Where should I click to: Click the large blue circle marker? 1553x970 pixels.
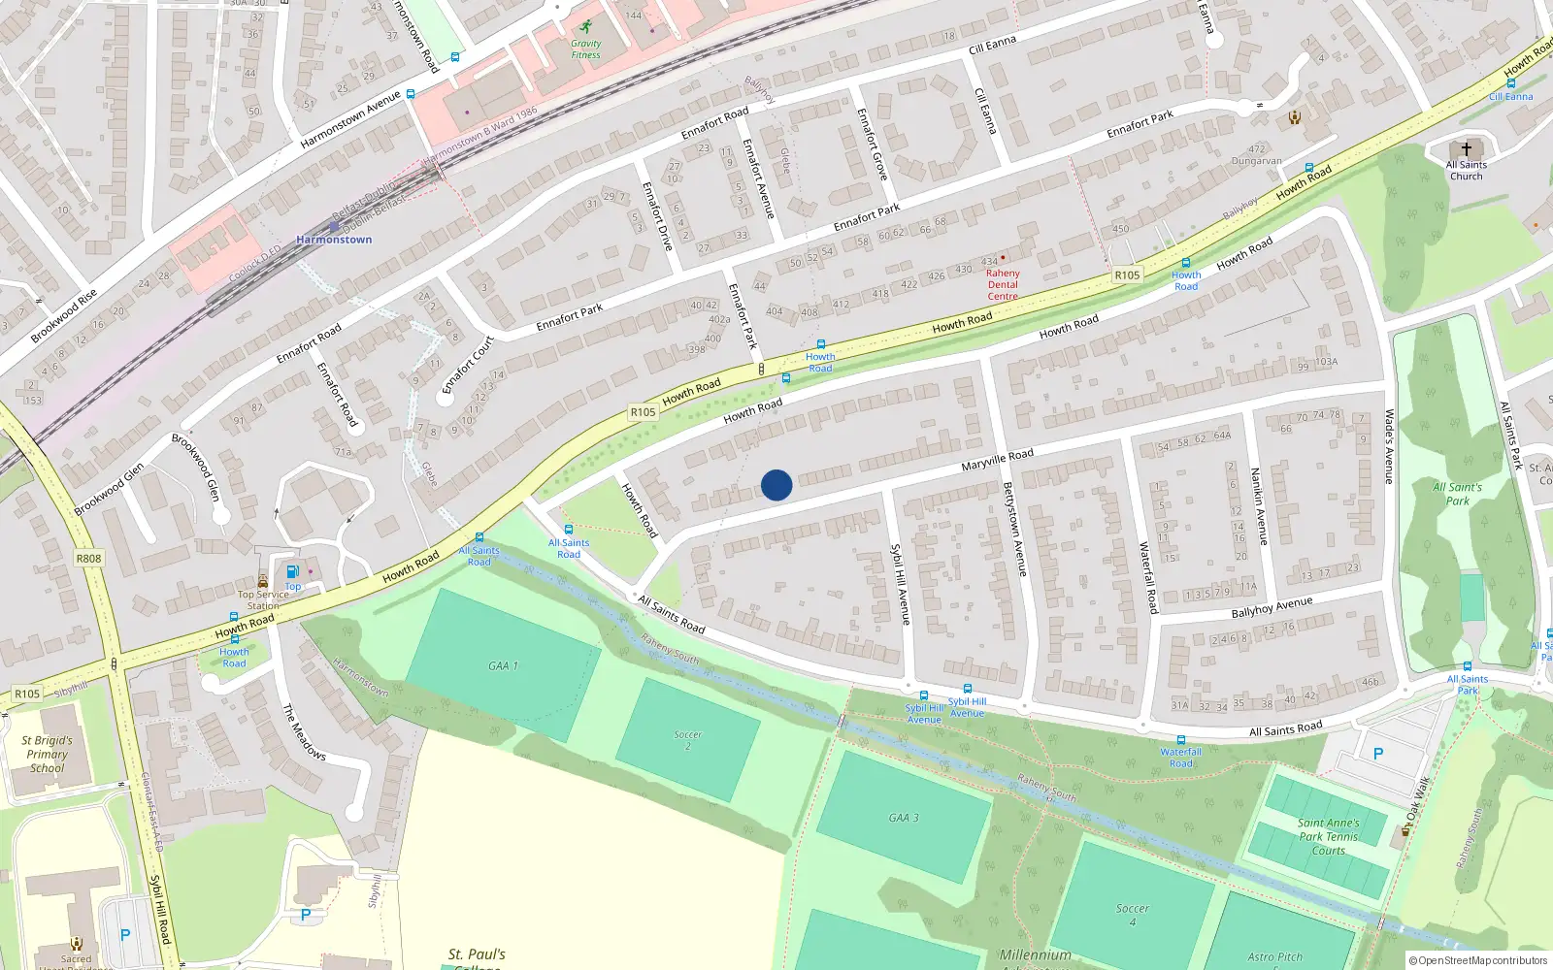pos(776,485)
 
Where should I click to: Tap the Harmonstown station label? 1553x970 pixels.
pos(334,240)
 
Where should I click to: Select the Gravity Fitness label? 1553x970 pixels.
pos(585,48)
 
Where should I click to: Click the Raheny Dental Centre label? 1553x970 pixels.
pos(1003,284)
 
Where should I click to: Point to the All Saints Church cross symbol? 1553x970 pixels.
pos(1466,149)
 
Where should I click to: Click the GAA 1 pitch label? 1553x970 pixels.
pos(503,666)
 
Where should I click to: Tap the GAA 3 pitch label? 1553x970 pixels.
pos(903,818)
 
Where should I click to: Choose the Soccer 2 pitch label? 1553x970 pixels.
pos(687,740)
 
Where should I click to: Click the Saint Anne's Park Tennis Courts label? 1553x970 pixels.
pos(1329,836)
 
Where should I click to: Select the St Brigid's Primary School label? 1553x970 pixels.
pos(47,754)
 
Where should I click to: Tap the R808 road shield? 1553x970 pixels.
pos(88,559)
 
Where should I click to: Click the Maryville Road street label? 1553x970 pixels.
pos(997,460)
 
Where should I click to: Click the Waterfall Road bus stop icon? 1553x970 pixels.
pos(1180,740)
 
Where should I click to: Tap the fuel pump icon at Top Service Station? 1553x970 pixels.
pos(292,571)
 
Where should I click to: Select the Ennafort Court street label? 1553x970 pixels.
pos(468,365)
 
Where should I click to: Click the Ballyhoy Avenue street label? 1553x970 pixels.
pos(1272,608)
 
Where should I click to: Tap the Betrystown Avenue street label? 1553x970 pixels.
pos(1014,530)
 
